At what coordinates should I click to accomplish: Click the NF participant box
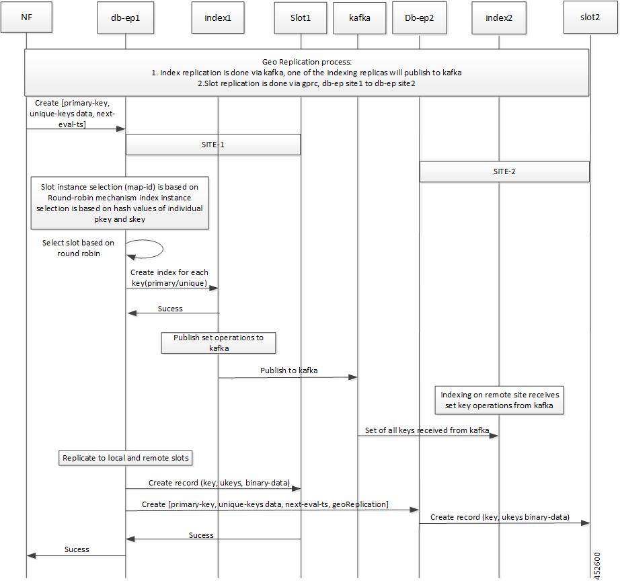tap(26, 17)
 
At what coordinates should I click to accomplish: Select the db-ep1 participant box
tap(125, 17)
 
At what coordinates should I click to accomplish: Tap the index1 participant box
tap(218, 17)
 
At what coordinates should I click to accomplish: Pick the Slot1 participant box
tap(301, 17)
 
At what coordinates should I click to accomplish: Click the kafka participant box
tap(360, 17)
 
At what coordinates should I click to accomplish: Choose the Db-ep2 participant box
tap(419, 17)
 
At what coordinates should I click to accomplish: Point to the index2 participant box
tap(498, 17)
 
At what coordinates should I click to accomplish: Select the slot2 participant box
tap(590, 17)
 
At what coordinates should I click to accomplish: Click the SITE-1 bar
tap(213, 145)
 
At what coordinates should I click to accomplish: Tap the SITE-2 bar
tap(504, 171)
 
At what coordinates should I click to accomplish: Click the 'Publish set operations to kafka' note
tap(219, 343)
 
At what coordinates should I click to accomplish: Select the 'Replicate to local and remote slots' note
tap(126, 458)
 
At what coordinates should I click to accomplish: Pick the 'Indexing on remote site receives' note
tap(499, 400)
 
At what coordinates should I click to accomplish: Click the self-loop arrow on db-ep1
tap(163, 249)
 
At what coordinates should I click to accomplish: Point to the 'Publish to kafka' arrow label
tap(288, 370)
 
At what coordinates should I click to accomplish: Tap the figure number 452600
tap(597, 565)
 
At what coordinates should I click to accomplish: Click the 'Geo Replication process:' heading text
tap(307, 62)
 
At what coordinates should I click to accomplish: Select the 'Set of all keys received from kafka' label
tap(426, 430)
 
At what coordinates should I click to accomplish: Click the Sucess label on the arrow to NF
tap(77, 549)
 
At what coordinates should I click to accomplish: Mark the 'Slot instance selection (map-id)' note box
tap(120, 203)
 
